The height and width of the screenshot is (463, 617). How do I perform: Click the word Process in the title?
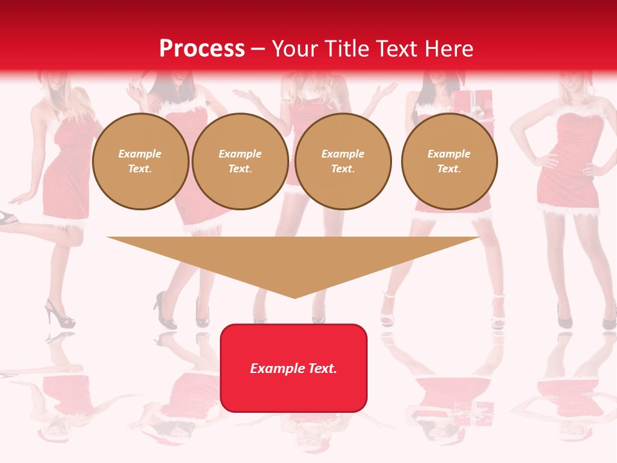(x=202, y=48)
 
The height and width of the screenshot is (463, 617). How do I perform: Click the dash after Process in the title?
(x=258, y=49)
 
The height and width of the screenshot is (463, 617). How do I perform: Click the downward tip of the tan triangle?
(x=294, y=296)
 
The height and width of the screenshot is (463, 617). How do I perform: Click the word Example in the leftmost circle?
(x=140, y=154)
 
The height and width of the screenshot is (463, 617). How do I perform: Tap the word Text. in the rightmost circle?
(x=449, y=168)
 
